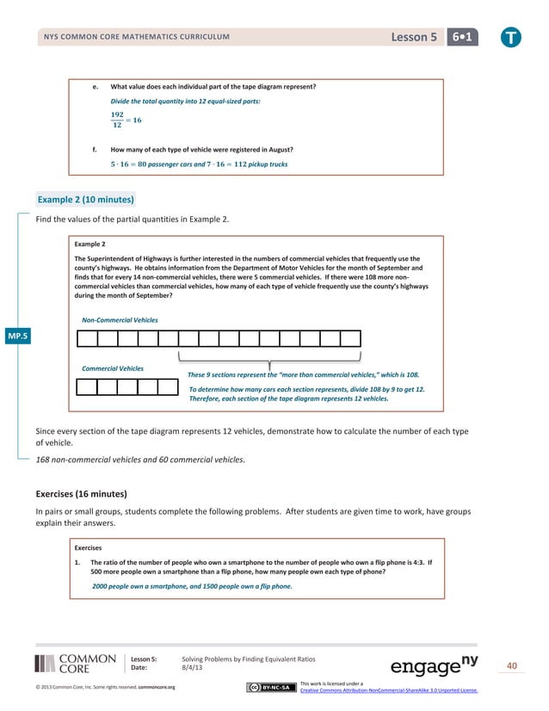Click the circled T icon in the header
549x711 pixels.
click(x=512, y=37)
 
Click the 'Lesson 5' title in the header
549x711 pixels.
click(x=414, y=37)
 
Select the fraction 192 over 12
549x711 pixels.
click(x=117, y=120)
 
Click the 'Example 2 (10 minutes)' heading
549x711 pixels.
click(x=85, y=200)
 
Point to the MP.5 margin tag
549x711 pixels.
click(x=16, y=336)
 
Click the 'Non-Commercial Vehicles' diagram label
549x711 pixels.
click(x=120, y=319)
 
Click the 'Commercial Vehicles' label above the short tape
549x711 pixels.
click(x=113, y=368)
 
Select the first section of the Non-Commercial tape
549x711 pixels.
click(x=86, y=337)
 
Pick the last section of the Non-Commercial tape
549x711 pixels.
click(x=350, y=337)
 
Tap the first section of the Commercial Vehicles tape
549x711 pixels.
click(x=86, y=386)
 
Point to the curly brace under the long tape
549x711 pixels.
click(x=269, y=359)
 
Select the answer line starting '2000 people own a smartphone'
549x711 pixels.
click(x=192, y=585)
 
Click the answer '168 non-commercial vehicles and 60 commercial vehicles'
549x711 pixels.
click(x=140, y=460)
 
